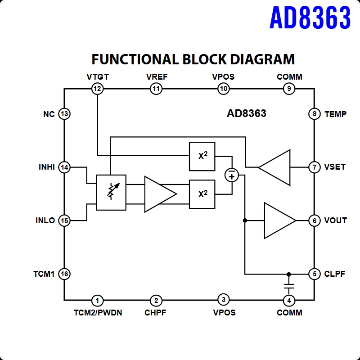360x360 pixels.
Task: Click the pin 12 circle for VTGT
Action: click(x=97, y=89)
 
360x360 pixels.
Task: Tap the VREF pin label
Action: click(x=157, y=77)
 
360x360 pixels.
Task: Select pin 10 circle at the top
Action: click(x=224, y=89)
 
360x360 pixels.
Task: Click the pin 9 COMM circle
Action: click(x=289, y=89)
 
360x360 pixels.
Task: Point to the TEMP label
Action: click(x=335, y=114)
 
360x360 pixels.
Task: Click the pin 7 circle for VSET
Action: click(x=314, y=167)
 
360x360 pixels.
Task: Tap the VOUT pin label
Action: click(x=335, y=220)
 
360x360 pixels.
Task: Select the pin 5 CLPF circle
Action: click(x=314, y=274)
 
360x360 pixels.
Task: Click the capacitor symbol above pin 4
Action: click(x=289, y=286)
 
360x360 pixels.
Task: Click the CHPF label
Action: click(x=155, y=313)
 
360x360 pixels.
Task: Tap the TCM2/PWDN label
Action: click(x=98, y=313)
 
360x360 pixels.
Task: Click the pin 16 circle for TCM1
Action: click(x=64, y=274)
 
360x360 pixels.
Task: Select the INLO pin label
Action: click(x=45, y=220)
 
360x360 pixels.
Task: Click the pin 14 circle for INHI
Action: click(x=64, y=167)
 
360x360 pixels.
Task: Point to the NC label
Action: click(x=49, y=114)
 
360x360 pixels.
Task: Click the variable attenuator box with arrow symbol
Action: click(x=111, y=192)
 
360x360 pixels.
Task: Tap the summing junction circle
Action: click(x=232, y=175)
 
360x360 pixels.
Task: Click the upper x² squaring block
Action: click(x=202, y=156)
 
